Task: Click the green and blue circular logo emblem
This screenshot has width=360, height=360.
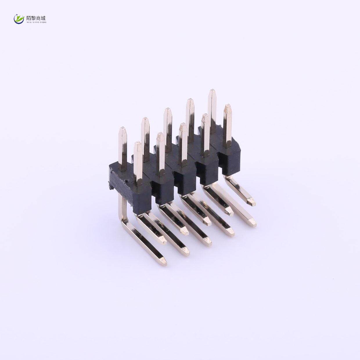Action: coord(19,19)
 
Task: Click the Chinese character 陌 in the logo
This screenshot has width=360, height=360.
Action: coord(29,18)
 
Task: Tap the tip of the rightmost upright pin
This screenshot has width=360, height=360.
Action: coord(228,106)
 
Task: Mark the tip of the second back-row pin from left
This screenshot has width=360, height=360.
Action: coord(145,119)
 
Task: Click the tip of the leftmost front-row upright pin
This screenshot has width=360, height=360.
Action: coord(138,144)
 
